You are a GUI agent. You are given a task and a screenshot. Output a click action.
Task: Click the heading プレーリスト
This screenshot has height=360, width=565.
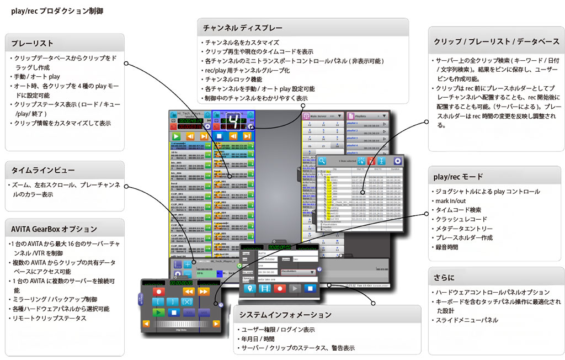[31, 43]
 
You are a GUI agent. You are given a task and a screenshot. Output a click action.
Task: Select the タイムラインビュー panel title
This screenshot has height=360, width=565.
[42, 170]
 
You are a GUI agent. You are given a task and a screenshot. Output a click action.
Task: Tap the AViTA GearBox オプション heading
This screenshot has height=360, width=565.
[54, 229]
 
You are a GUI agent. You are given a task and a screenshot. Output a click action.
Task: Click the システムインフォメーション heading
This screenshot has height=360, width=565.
[285, 315]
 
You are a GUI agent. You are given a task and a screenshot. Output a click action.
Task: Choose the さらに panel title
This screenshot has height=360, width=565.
[444, 277]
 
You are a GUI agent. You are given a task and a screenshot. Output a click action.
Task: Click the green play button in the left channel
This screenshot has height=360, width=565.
[176, 136]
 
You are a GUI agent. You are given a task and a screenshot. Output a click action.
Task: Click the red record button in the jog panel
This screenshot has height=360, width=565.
[159, 291]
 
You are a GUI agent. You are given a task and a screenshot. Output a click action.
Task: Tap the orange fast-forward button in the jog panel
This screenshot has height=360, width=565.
[203, 291]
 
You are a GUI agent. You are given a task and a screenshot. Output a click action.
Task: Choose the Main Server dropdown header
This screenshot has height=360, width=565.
[321, 117]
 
